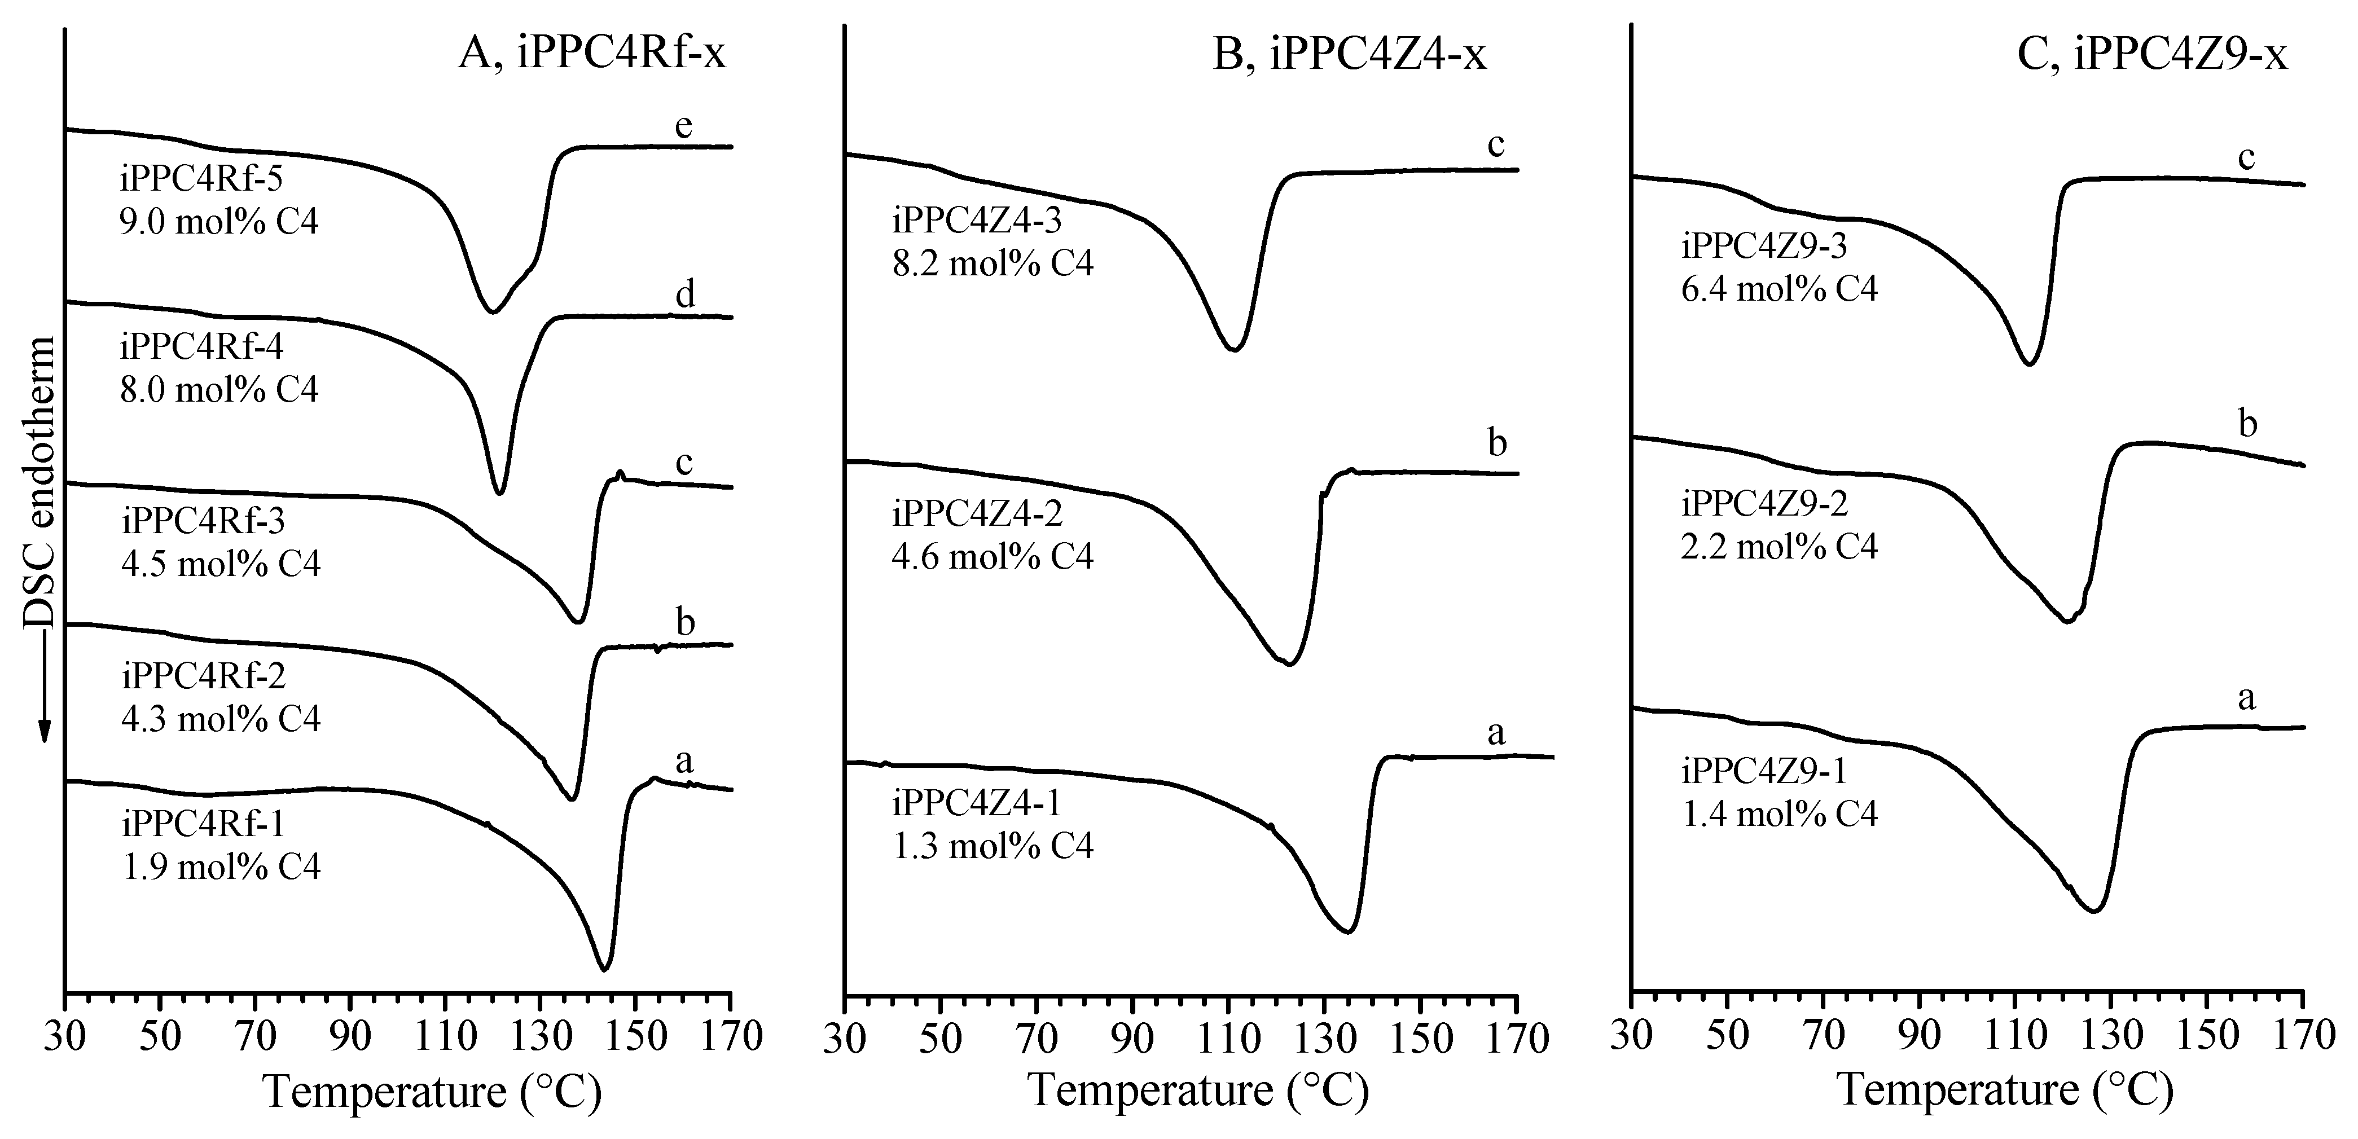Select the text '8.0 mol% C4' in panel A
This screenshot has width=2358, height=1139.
tap(219, 390)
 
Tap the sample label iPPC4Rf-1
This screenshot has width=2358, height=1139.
tap(203, 824)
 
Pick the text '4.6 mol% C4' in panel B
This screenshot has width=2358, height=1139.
tap(993, 556)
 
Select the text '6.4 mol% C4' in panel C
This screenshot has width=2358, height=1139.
tap(1780, 289)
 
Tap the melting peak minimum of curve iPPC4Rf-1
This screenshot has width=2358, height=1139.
tap(603, 970)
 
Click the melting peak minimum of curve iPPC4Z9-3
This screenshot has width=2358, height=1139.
tap(2022, 364)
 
